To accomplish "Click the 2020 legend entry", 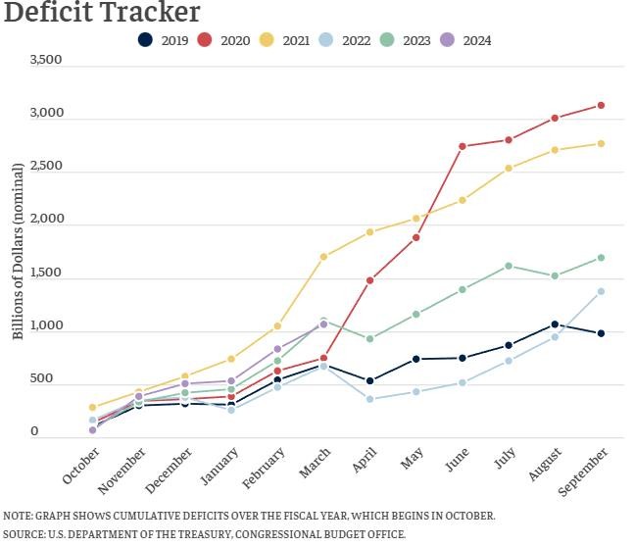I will click(222, 40).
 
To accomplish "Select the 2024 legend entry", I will click(464, 40).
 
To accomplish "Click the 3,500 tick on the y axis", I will click(46, 60).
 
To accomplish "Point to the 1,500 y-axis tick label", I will click(46, 273).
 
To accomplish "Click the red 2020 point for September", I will click(601, 105).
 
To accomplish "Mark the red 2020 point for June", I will click(463, 146).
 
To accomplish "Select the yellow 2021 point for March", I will click(323, 257).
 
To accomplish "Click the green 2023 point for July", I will click(509, 266).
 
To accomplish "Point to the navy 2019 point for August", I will click(555, 324).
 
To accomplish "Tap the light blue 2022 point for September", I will click(601, 291).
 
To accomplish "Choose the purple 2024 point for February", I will click(277, 349).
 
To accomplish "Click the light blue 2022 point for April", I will click(369, 399).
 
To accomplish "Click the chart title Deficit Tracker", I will click(102, 13).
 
